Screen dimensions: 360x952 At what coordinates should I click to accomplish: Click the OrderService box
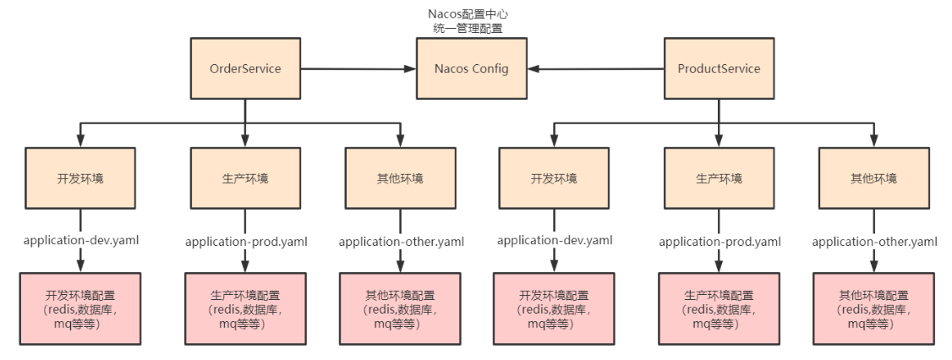pos(245,68)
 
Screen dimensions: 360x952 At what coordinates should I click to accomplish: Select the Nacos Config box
pos(473,68)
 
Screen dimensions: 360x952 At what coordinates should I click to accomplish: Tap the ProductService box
pos(719,68)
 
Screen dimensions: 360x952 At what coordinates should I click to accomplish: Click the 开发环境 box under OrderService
pos(80,178)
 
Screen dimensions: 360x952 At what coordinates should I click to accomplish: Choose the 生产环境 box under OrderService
pos(245,178)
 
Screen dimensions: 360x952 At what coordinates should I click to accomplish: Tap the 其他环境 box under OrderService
pos(400,178)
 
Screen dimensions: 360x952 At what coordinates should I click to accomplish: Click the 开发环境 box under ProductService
pos(554,178)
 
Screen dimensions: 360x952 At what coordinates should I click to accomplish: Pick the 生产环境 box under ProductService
pos(719,178)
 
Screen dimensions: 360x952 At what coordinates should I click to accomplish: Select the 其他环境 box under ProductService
pos(874,178)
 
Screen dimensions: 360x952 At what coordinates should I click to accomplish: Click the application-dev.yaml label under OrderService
pos(81,240)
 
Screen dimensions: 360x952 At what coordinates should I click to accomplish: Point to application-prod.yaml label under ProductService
pos(719,242)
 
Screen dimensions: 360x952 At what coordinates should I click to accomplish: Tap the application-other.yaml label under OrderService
pos(401,242)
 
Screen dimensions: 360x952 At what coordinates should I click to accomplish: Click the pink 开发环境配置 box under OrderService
pos(80,308)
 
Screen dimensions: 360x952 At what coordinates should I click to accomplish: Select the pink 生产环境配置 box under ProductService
pos(719,308)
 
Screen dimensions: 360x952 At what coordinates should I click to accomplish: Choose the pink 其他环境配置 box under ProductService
pos(874,308)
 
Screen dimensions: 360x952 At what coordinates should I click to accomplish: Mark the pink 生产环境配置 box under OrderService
pos(245,308)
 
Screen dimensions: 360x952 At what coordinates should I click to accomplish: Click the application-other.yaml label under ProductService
pos(875,242)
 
